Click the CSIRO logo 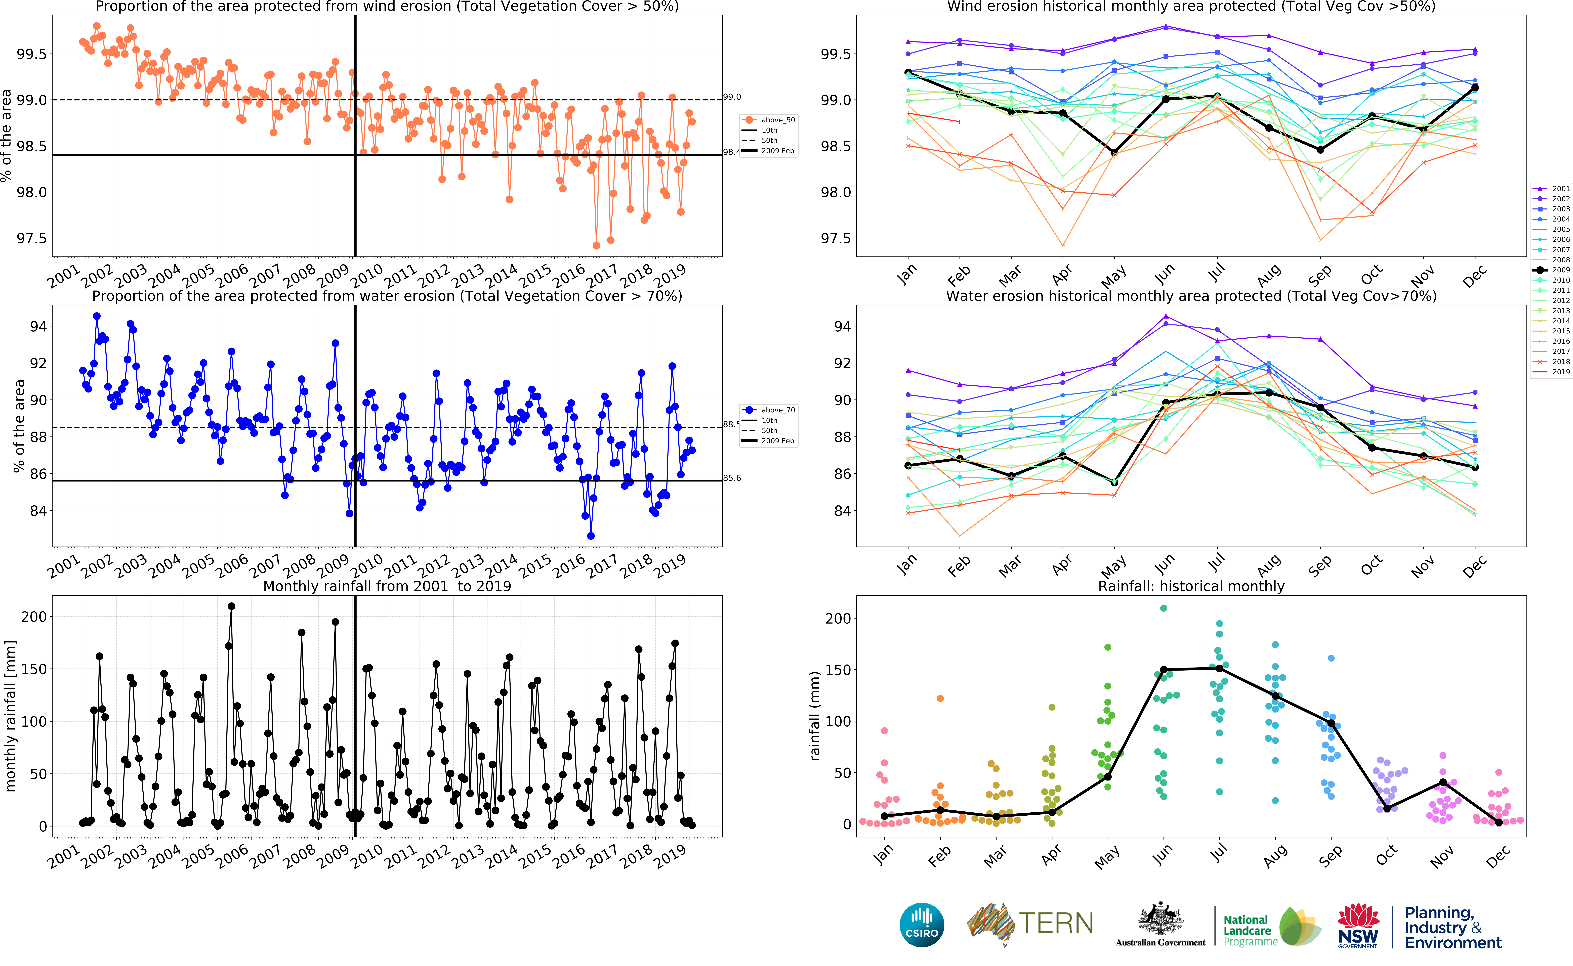(921, 925)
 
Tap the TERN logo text (1055, 923)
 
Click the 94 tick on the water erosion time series (38, 326)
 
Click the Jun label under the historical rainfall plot (1163, 854)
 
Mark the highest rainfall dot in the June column (1164, 608)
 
